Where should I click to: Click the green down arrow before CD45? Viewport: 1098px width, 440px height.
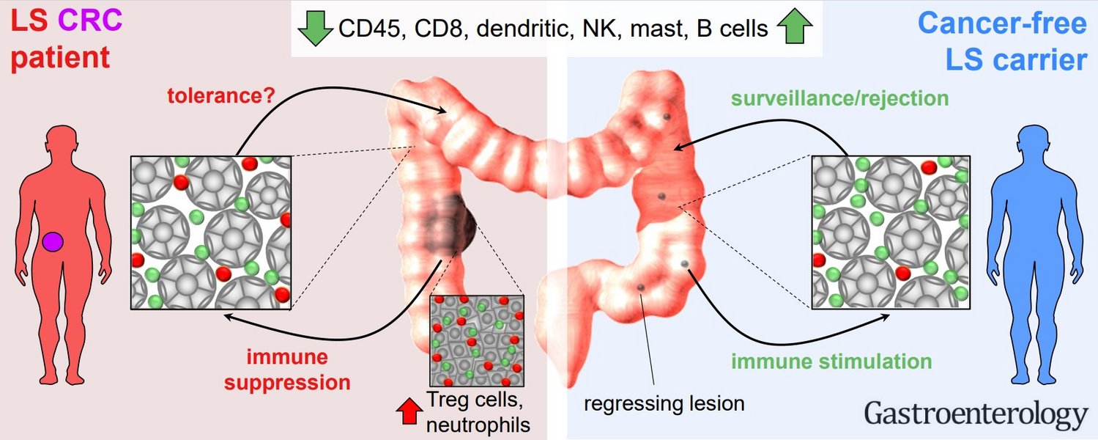point(315,29)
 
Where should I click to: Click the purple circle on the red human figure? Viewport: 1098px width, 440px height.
point(53,242)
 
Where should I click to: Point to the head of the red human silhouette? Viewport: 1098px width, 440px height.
point(62,139)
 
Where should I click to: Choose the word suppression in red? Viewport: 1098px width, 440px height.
point(298,382)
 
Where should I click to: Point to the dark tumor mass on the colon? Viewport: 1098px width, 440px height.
point(450,227)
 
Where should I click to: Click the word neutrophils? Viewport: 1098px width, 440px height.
point(477,423)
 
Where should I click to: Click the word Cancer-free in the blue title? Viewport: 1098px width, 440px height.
point(1001,23)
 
